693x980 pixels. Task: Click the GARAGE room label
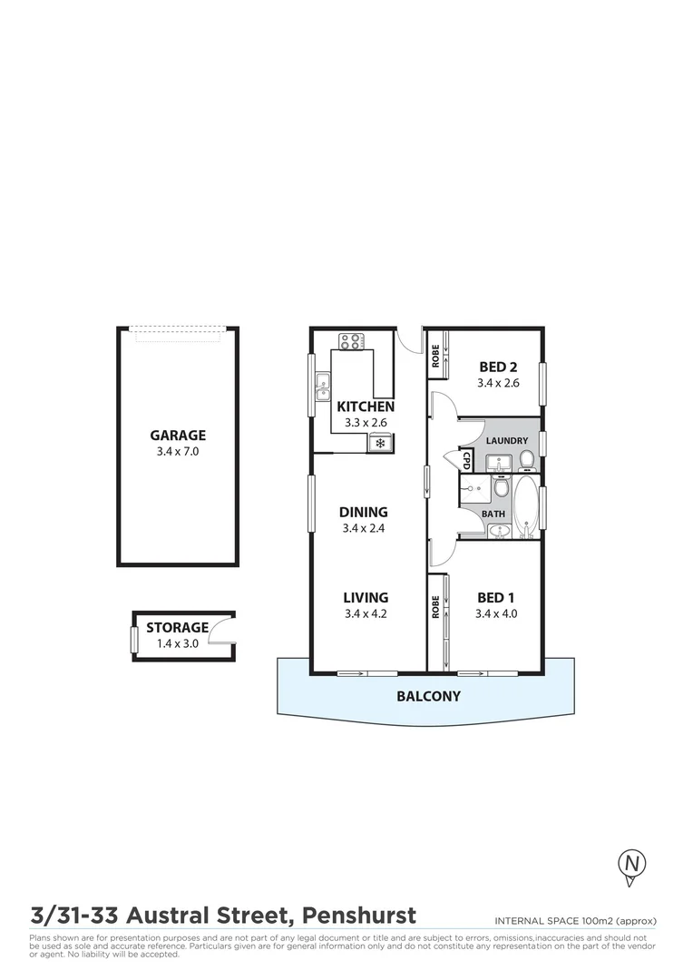178,435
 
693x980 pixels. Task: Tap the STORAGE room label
178,627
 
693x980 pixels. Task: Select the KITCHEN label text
366,407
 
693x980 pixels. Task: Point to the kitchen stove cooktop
351,341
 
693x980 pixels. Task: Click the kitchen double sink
322,388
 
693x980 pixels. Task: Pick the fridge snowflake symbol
380,443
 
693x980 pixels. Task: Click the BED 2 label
498,367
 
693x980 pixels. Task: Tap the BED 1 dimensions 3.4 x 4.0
496,613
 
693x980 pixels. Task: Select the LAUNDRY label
507,440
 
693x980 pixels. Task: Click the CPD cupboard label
467,461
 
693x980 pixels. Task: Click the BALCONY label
428,697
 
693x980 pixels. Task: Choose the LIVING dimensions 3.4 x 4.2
366,613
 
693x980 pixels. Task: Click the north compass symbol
631,864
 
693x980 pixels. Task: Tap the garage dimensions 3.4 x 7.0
178,450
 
